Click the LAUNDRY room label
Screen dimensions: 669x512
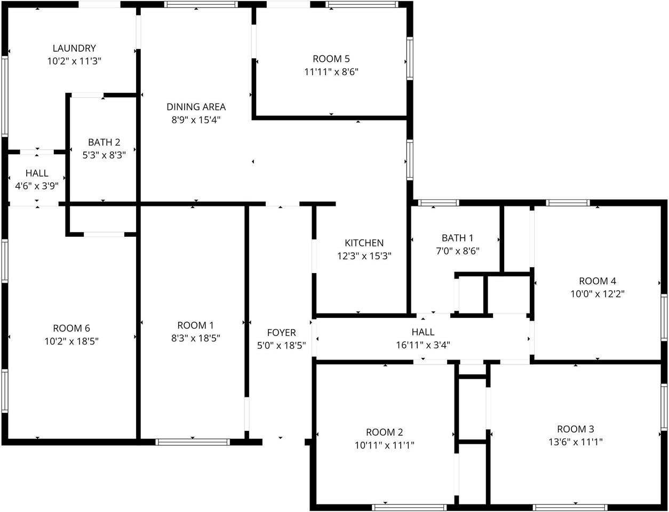pos(74,49)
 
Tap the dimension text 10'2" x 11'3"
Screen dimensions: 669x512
pos(74,61)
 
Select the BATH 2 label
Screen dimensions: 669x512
pos(104,142)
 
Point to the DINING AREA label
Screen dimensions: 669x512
pos(196,107)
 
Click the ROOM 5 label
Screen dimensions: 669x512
pos(331,59)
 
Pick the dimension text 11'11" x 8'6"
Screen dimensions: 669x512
pos(331,72)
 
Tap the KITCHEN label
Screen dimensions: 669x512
pos(364,243)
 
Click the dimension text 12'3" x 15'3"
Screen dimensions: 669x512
pos(364,256)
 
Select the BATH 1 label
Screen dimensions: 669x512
pos(458,238)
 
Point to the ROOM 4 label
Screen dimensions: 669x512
pos(598,281)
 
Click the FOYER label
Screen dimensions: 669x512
pos(281,333)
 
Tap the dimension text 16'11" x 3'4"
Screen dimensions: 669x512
pos(423,345)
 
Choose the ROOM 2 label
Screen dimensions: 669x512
pos(385,433)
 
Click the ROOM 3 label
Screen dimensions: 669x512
pos(576,429)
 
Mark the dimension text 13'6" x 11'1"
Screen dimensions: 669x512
pos(576,442)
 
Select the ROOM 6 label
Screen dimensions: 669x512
pos(71,329)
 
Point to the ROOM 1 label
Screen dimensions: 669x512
pos(196,325)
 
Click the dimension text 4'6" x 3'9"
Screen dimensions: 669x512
pos(37,186)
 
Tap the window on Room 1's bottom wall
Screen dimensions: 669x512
pos(193,442)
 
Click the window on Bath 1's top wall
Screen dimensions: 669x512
pos(439,203)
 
